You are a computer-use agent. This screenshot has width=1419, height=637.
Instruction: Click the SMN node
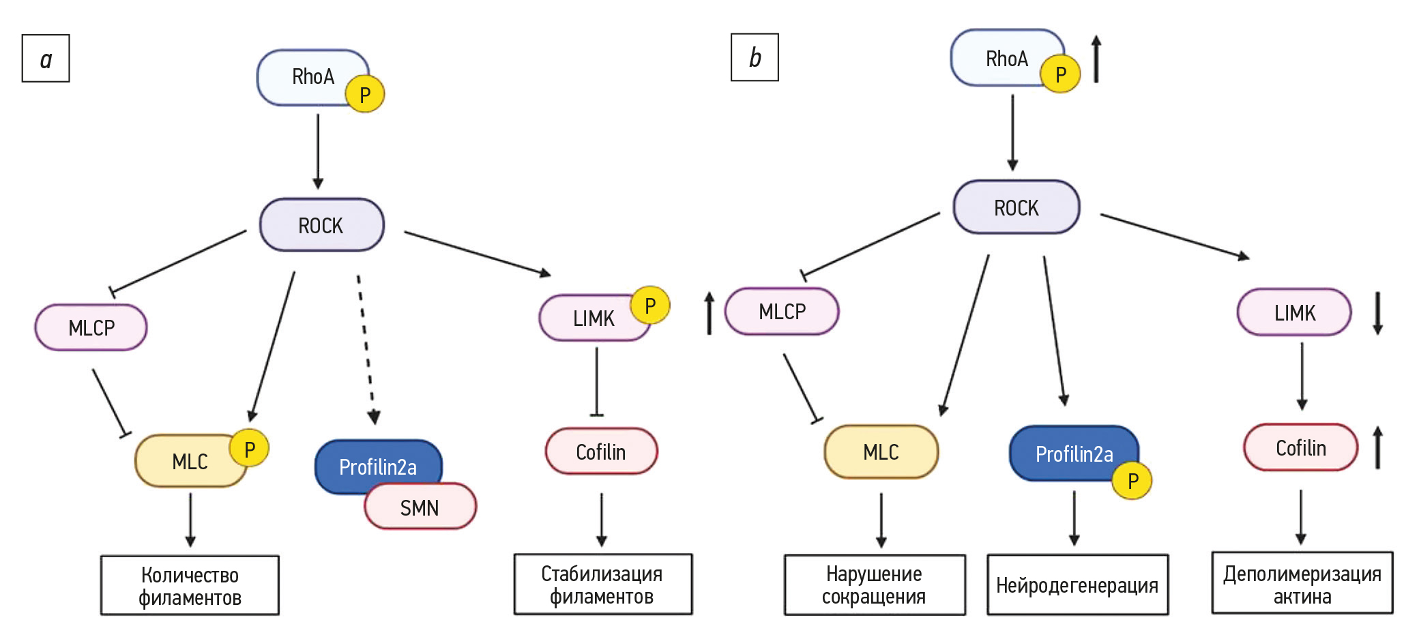tap(420, 507)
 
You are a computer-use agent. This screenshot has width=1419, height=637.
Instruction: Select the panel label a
tap(46, 59)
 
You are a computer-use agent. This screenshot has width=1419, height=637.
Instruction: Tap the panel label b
tap(755, 57)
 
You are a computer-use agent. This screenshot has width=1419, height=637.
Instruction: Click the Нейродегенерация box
tap(1077, 584)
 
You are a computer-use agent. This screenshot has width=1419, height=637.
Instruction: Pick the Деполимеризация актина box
tap(1302, 584)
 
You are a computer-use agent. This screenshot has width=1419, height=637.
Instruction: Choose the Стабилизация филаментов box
tap(602, 584)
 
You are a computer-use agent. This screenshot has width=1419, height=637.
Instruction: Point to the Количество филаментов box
tap(190, 586)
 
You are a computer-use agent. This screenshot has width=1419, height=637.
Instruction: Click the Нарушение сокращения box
tap(874, 585)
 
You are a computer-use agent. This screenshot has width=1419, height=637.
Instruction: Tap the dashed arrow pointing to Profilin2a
tap(366, 348)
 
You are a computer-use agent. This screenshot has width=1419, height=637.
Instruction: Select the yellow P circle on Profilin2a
tap(1132, 481)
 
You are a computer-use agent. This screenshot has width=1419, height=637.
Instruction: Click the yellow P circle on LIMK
tap(649, 306)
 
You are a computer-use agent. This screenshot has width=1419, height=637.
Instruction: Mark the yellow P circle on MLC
tap(249, 449)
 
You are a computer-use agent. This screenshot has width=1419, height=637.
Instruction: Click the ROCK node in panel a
tap(321, 225)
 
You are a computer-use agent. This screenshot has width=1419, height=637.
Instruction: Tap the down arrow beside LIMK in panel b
tap(1377, 313)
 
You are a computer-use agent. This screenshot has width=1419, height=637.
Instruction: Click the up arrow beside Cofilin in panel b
tap(1377, 447)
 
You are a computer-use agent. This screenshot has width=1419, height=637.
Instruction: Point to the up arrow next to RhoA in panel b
tap(1096, 59)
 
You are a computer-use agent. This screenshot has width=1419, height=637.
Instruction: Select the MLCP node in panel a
tap(91, 327)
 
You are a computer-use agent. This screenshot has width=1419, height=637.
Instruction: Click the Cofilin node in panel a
tap(601, 451)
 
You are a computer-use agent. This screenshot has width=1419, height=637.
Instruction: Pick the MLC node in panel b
tap(881, 451)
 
